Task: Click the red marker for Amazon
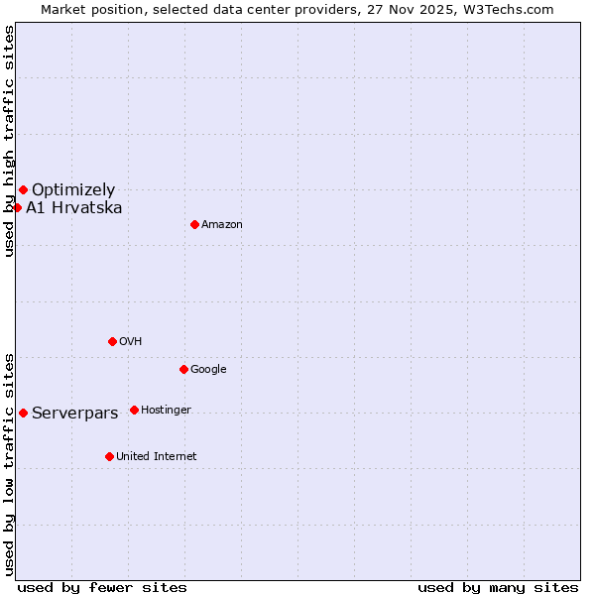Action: click(x=194, y=224)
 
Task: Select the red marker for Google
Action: click(x=183, y=369)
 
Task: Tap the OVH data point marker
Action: click(x=112, y=341)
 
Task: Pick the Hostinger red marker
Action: click(x=134, y=410)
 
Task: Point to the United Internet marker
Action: click(x=109, y=456)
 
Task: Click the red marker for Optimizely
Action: click(x=23, y=189)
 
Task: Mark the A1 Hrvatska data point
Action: click(x=17, y=207)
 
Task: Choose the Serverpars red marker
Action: click(x=23, y=413)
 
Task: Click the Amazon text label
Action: click(x=222, y=225)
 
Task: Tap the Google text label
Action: click(x=208, y=370)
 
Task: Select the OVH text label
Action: click(x=131, y=342)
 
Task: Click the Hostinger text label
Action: click(x=166, y=411)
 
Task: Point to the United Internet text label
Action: click(x=156, y=457)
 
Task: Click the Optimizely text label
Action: click(x=73, y=190)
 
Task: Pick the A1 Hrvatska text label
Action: click(x=74, y=208)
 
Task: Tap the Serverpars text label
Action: click(x=75, y=414)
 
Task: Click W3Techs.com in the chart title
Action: click(x=513, y=10)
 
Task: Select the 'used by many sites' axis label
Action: click(x=498, y=588)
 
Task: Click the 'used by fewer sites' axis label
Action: click(x=102, y=588)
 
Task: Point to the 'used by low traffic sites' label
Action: click(x=10, y=464)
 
